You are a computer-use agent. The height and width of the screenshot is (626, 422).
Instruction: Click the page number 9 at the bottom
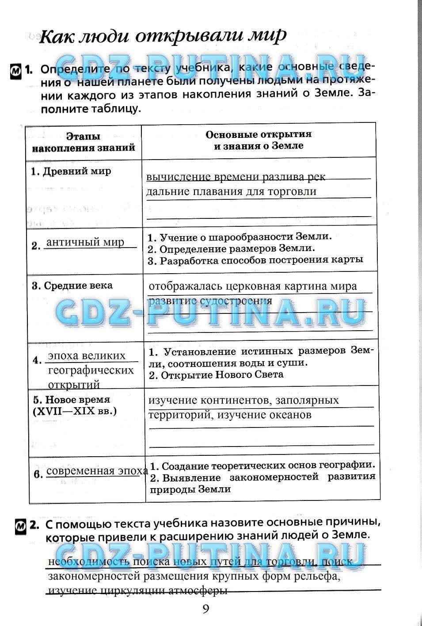(x=206, y=609)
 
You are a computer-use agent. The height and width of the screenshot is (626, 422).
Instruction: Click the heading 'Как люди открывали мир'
(x=163, y=35)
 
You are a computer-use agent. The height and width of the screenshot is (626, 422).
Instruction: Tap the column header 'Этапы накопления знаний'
(x=84, y=142)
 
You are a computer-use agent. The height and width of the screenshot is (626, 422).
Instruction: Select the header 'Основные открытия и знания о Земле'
(x=259, y=140)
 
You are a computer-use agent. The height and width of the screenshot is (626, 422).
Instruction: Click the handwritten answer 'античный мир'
(x=85, y=242)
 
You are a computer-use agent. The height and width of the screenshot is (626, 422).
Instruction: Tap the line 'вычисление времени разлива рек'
(x=236, y=177)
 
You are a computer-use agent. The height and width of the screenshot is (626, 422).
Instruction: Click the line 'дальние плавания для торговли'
(x=231, y=191)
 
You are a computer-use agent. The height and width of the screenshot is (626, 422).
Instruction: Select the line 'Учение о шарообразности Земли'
(x=245, y=237)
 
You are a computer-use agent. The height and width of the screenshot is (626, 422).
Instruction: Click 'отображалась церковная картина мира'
(x=252, y=286)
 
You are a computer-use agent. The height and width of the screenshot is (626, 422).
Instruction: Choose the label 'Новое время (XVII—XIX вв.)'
(x=74, y=405)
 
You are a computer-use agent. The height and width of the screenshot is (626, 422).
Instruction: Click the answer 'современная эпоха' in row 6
(x=97, y=470)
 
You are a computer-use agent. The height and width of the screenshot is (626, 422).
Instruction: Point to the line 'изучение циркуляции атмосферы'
(x=137, y=591)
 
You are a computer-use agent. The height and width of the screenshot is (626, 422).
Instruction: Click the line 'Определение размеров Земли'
(x=237, y=248)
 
